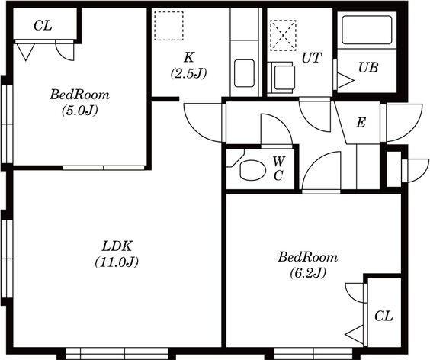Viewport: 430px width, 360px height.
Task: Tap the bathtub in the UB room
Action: [x=367, y=30]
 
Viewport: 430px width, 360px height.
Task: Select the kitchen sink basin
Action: [x=244, y=73]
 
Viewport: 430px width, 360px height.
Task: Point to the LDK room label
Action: [x=117, y=246]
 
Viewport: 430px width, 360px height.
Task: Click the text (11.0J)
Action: [x=117, y=262]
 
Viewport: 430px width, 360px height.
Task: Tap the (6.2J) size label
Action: [x=308, y=273]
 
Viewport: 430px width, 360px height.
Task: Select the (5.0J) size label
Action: [x=80, y=111]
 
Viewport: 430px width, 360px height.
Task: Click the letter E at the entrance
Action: [x=361, y=122]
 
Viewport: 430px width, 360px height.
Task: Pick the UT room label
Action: [x=312, y=58]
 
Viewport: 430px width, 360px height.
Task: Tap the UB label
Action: [x=368, y=67]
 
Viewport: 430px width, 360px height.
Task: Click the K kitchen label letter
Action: [x=189, y=57]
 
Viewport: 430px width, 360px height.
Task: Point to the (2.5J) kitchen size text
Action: [x=188, y=73]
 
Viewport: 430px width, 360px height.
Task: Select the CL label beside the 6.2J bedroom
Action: [x=383, y=317]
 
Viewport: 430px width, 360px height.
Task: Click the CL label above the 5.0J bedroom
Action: [x=43, y=26]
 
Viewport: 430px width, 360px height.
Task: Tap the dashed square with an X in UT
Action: [x=284, y=35]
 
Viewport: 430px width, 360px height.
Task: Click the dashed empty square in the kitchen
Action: [x=168, y=26]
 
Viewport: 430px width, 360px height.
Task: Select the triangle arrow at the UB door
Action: [x=345, y=81]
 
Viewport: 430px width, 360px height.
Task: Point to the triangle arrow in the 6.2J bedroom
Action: [x=355, y=335]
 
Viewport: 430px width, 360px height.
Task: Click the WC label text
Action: [x=279, y=169]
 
